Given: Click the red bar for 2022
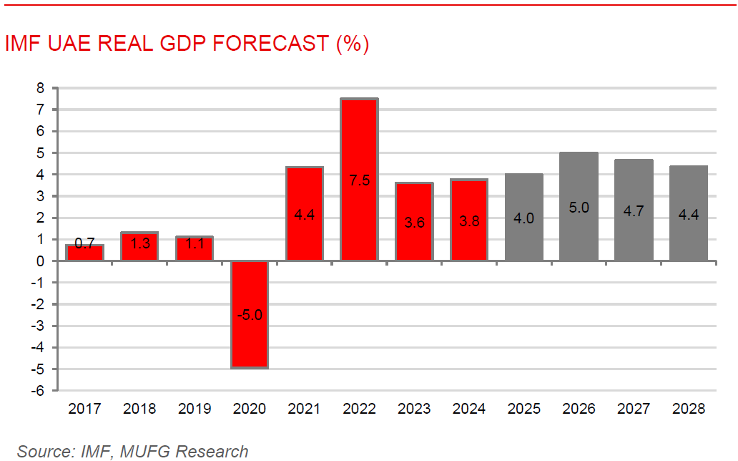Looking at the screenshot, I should [359, 143].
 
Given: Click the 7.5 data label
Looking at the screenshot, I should [359, 180].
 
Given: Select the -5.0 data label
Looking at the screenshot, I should [250, 314].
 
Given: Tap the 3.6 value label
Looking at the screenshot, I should [414, 222].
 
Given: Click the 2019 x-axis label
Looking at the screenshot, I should [195, 409].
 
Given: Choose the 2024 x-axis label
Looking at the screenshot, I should [469, 409].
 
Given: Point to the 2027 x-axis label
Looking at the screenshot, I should [634, 409].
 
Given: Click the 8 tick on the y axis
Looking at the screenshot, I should [40, 88].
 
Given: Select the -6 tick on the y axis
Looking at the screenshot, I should [37, 391].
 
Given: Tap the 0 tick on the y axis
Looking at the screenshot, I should [40, 261].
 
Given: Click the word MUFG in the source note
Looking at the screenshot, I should [146, 452].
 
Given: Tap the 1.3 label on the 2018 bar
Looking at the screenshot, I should [140, 243].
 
